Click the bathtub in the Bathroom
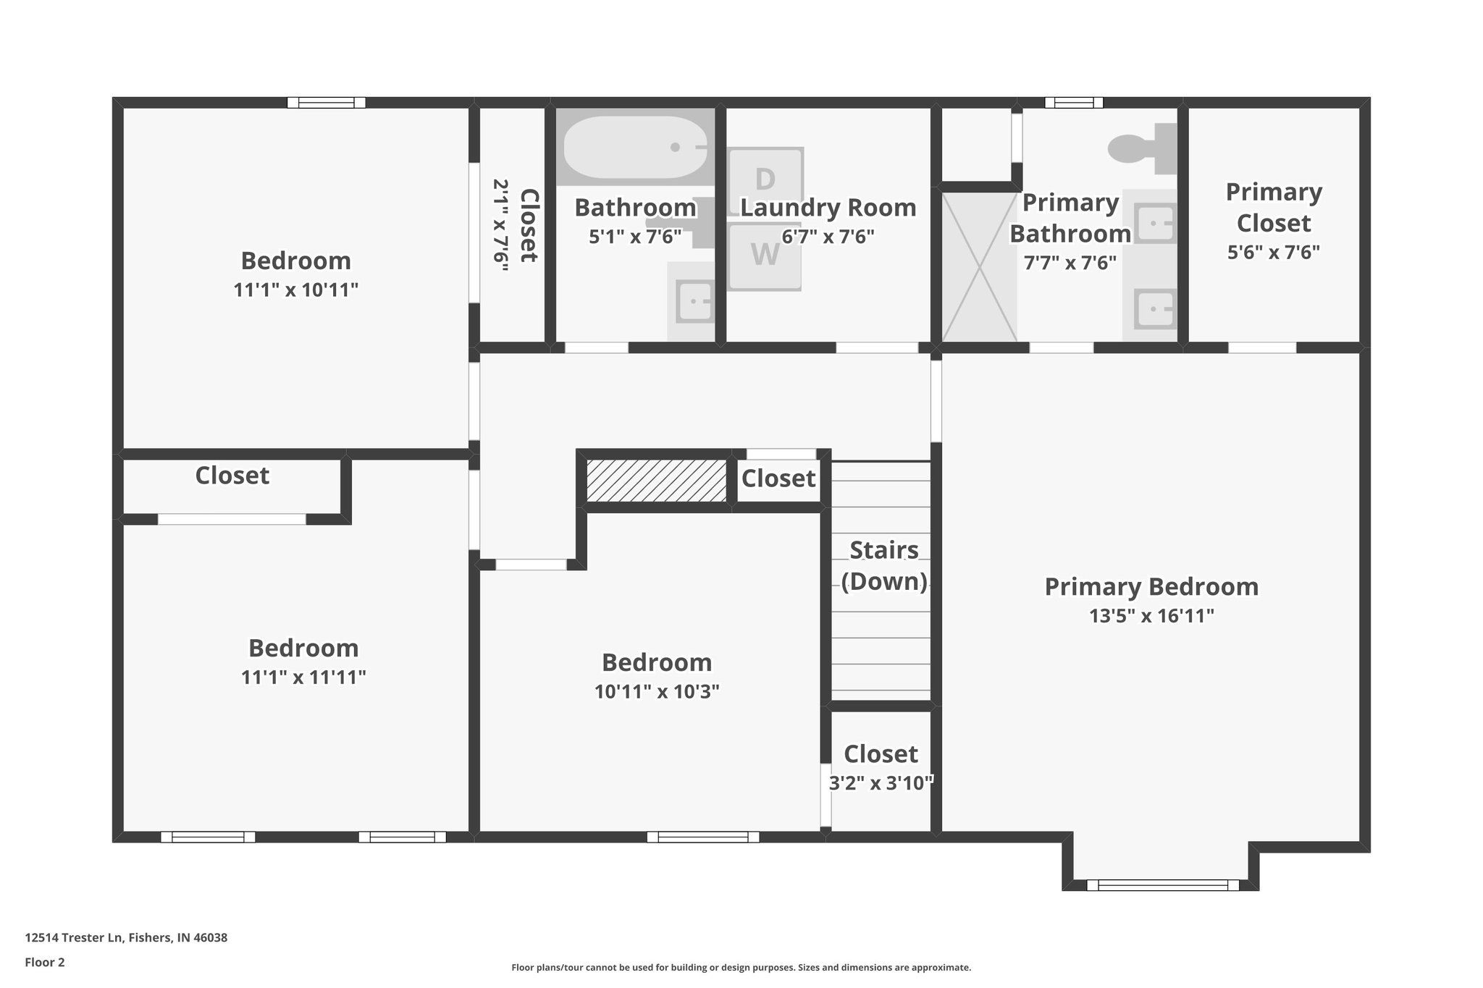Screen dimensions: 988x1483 (634, 148)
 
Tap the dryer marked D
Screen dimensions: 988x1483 (765, 179)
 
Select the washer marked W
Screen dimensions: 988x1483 (765, 256)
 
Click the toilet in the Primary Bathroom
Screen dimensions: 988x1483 (1140, 148)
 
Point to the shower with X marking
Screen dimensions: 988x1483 (979, 266)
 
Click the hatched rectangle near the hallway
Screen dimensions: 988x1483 (656, 480)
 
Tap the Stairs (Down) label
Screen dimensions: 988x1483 (884, 565)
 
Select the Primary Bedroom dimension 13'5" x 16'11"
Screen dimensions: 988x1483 (1151, 616)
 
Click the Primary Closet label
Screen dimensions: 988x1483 (1274, 207)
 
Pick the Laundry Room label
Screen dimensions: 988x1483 (828, 208)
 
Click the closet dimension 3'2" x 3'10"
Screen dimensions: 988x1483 (881, 782)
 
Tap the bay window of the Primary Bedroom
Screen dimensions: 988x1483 (1162, 884)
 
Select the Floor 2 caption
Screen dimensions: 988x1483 (45, 962)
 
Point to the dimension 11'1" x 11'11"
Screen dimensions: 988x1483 (303, 677)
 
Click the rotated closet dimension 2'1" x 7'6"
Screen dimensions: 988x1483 (500, 225)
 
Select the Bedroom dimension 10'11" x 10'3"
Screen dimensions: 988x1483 (657, 692)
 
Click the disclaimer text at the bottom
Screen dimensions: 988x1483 (741, 967)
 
